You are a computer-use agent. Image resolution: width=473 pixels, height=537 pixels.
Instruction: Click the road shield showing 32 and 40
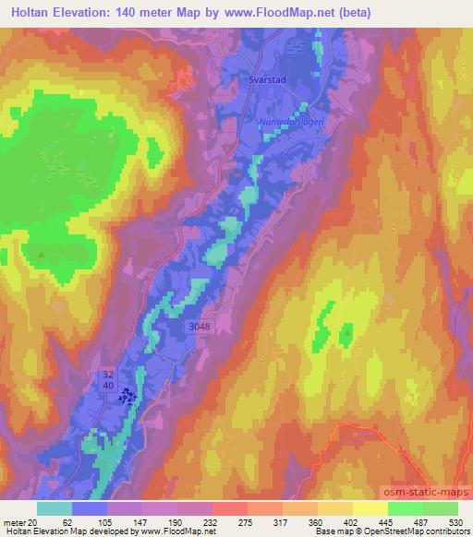108,378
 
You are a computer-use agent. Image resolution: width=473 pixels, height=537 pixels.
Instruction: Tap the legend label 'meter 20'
19,522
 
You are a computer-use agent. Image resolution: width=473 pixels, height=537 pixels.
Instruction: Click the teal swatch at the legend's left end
55,508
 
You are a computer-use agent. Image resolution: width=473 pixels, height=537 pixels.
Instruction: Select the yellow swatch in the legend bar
370,508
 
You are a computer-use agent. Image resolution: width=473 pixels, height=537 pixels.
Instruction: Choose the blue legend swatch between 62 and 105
90,508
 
